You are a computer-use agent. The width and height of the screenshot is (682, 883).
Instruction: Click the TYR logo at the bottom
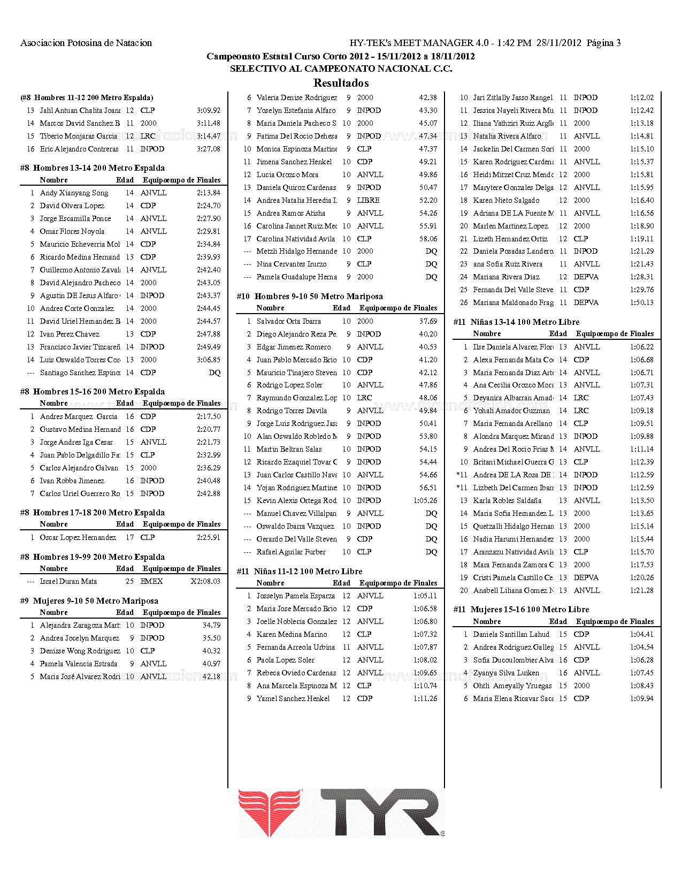coord(341,813)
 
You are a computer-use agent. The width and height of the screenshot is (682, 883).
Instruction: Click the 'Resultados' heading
coord(341,83)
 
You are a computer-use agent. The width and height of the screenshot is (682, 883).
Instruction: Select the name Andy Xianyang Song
coord(74,193)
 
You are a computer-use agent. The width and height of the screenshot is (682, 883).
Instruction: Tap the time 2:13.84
coord(208,193)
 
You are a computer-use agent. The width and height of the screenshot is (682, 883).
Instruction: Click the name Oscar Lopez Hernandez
coord(78,537)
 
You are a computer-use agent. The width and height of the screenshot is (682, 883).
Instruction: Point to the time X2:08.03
coord(205,581)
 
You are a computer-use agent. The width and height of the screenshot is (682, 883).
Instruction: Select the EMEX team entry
coord(151,581)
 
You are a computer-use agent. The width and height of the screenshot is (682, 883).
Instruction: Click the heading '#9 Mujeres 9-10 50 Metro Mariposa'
coord(89,600)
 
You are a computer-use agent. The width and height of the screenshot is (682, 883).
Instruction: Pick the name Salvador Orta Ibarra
coord(288,321)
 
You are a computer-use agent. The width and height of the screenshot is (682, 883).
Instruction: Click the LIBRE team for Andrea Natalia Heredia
coord(368,200)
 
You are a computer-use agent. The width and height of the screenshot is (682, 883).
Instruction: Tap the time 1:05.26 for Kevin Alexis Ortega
coord(425,500)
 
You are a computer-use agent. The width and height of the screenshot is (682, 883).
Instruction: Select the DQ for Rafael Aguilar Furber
coord(431,552)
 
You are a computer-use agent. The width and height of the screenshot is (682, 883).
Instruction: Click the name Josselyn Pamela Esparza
coord(295,596)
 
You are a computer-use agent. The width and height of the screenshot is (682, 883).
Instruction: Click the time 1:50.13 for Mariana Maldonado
coord(641,302)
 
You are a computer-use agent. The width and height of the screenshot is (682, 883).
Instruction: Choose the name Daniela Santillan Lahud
coord(511,634)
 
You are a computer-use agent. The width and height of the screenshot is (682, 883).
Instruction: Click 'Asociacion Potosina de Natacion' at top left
coord(86,43)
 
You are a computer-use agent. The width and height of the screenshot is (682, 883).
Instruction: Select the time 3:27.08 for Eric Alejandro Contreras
coord(208,149)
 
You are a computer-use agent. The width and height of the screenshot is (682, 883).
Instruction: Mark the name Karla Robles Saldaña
coord(507,500)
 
